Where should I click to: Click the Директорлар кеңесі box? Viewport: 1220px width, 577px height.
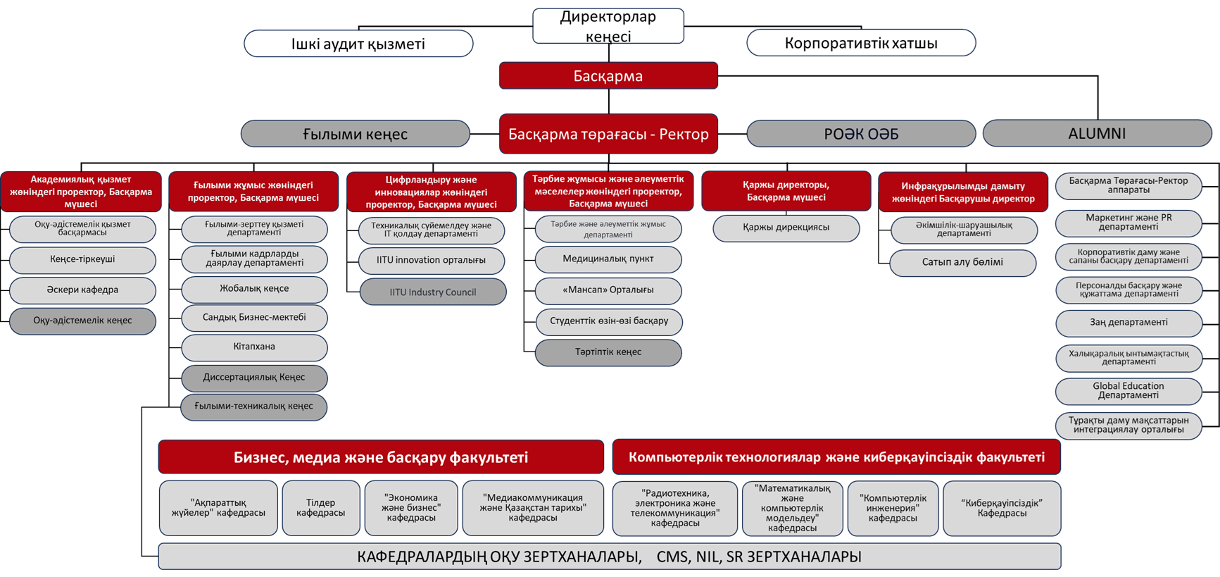[x=608, y=26]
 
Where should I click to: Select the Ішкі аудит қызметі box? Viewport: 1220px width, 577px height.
[x=358, y=44]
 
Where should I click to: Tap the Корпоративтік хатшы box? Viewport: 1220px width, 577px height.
[x=861, y=43]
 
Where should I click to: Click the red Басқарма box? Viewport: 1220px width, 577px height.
[x=608, y=75]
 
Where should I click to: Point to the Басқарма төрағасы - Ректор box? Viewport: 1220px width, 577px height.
[x=608, y=134]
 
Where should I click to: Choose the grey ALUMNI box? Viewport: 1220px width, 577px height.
[x=1097, y=133]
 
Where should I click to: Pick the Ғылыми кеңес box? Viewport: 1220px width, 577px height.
[x=356, y=134]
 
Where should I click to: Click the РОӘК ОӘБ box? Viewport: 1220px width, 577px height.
[x=861, y=134]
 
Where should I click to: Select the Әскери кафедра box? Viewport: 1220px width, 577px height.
[x=82, y=290]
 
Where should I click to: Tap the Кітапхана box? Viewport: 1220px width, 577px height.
[x=254, y=347]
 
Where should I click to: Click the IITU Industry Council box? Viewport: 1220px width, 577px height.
[x=433, y=292]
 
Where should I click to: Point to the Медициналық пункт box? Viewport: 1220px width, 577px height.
[x=608, y=259]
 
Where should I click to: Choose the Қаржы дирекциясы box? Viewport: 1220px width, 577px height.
[x=786, y=228]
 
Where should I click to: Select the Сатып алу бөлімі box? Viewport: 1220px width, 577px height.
[x=963, y=263]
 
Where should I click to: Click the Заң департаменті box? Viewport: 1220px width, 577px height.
[x=1128, y=323]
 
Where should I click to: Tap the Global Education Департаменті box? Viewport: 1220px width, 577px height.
[x=1128, y=391]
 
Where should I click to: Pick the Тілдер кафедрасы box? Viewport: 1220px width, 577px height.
[x=321, y=508]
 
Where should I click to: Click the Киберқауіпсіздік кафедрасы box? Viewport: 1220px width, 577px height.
[x=1002, y=508]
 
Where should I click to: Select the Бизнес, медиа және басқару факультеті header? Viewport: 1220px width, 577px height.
[x=381, y=457]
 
